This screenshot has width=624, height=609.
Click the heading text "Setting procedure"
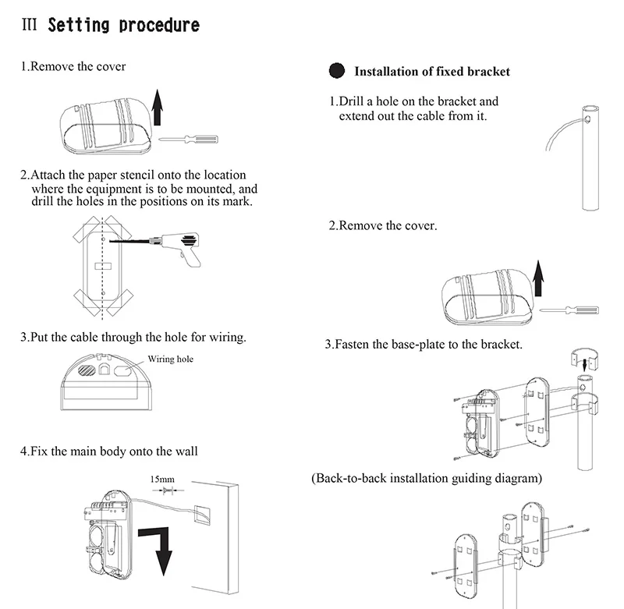click(x=123, y=25)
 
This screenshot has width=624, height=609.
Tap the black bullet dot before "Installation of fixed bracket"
click(x=337, y=71)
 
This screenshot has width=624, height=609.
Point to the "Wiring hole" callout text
click(x=170, y=359)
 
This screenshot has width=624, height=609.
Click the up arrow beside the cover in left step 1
click(x=158, y=107)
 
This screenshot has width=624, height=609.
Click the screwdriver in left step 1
click(x=188, y=139)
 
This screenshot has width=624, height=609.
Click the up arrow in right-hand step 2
click(x=537, y=281)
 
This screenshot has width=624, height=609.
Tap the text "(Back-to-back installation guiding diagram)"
click(x=426, y=477)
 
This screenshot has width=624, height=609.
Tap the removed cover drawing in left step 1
click(x=102, y=124)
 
